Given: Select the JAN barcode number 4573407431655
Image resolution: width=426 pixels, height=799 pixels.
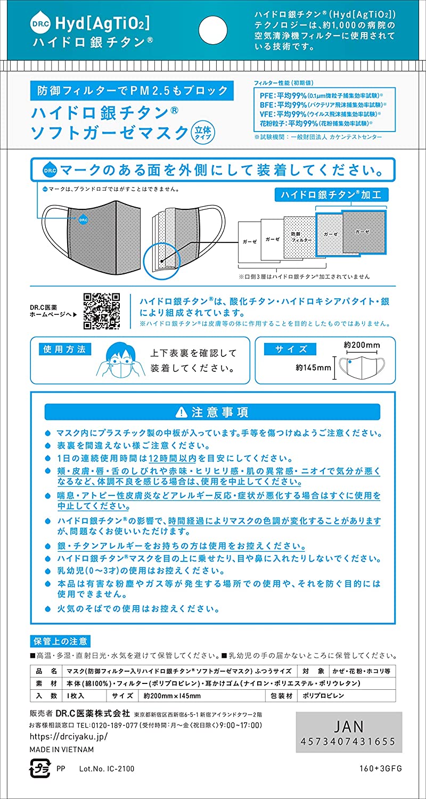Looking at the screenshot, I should tap(348, 741).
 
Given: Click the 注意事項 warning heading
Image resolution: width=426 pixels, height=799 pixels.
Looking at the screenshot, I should tap(212, 412).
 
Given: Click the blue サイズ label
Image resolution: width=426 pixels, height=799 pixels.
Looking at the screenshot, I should tap(290, 349).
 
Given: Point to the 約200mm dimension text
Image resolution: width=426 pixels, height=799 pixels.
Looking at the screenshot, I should tap(362, 345).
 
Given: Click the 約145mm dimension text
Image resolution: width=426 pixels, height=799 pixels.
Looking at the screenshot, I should tap(314, 367).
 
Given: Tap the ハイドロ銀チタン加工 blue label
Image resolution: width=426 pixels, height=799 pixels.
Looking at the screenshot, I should tap(332, 194).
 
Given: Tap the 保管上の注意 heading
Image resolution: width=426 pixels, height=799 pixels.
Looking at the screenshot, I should tap(60, 641).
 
